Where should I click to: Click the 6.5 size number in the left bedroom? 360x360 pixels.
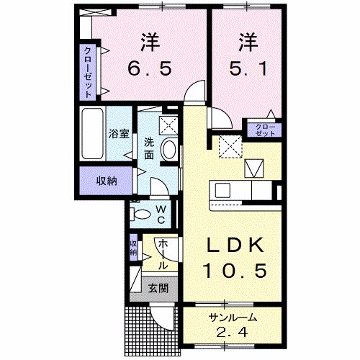point(150,70)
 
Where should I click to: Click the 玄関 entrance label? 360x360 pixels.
point(158,289)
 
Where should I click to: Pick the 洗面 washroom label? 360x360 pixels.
point(149,148)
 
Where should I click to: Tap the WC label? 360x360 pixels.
point(161,214)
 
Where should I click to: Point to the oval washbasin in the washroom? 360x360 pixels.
point(168,150)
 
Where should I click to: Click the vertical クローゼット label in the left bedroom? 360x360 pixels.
point(88,71)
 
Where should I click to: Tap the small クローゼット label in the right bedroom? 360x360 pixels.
point(265,130)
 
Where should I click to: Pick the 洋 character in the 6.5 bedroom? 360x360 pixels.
point(150,42)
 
